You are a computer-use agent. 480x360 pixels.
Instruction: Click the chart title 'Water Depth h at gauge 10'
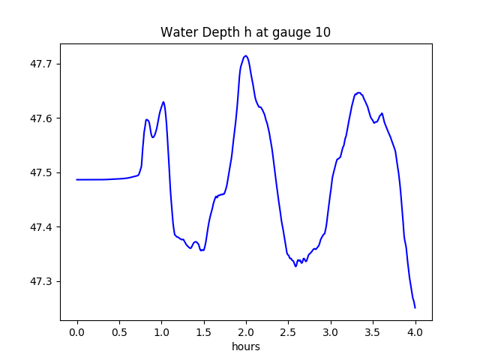[x=245, y=32]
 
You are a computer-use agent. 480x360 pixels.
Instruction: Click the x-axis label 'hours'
[x=245, y=347]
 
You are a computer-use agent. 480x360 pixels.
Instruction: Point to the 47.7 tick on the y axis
[x=41, y=64]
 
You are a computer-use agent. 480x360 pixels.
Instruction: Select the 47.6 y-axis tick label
[x=41, y=118]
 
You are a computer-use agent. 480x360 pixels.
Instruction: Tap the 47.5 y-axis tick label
[x=41, y=173]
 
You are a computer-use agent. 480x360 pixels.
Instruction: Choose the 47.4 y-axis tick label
[x=41, y=227]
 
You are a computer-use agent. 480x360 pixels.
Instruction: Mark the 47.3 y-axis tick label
[x=41, y=282]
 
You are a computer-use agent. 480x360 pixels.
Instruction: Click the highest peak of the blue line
[x=245, y=55]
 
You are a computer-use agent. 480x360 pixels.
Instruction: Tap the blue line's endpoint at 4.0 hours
[x=415, y=307]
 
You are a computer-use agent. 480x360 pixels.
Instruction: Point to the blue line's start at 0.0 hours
[x=77, y=179]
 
